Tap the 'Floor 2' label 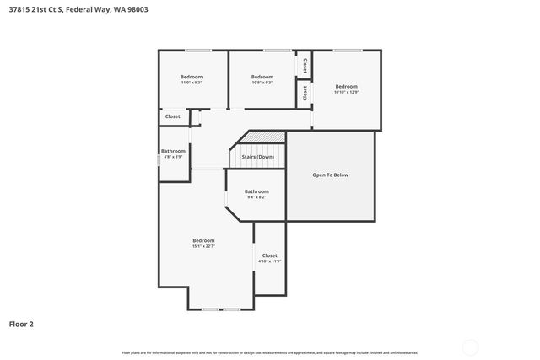[22, 323]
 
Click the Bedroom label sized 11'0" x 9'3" [192, 77]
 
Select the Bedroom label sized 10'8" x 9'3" [262, 77]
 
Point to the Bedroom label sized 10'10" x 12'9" [346, 86]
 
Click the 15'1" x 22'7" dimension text [203, 246]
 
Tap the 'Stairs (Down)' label [257, 157]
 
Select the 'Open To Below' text [330, 175]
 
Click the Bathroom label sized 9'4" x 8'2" [256, 191]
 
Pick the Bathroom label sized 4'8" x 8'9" [173, 151]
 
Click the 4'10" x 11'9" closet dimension [269, 261]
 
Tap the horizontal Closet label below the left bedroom [172, 116]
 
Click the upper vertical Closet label [305, 65]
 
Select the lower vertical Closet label [305, 93]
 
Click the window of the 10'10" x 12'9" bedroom [347, 51]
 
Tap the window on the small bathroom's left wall [159, 157]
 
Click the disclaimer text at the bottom [269, 352]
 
